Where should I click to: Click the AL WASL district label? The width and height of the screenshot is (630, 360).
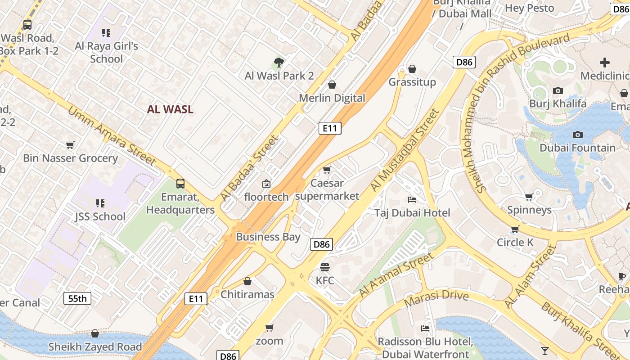point(170,109)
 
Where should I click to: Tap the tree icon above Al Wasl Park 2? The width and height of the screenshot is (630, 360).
point(279,63)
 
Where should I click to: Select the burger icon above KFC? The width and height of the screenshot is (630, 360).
point(325,267)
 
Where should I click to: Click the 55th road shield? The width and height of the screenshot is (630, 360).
point(77,298)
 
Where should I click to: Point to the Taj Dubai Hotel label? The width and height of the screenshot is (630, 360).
point(412,213)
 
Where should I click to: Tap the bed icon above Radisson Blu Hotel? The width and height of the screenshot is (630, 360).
point(425,328)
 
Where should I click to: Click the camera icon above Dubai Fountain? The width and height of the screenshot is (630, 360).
point(578,135)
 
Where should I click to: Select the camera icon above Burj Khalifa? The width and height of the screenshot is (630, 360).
point(558,90)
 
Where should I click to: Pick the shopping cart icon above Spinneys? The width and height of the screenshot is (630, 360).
point(529,197)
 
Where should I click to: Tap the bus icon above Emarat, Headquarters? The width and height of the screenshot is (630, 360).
point(180,184)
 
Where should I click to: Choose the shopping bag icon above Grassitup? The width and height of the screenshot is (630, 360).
point(412,69)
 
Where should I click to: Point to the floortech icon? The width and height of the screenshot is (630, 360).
point(266,184)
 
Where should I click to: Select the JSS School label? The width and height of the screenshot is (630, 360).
point(100,216)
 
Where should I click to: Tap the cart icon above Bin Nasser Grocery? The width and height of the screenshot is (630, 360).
point(70,145)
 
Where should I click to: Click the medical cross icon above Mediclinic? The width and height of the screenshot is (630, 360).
point(605,63)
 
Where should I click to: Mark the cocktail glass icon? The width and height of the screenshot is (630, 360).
point(545,351)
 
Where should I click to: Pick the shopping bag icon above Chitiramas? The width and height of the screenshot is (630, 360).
point(247,282)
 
